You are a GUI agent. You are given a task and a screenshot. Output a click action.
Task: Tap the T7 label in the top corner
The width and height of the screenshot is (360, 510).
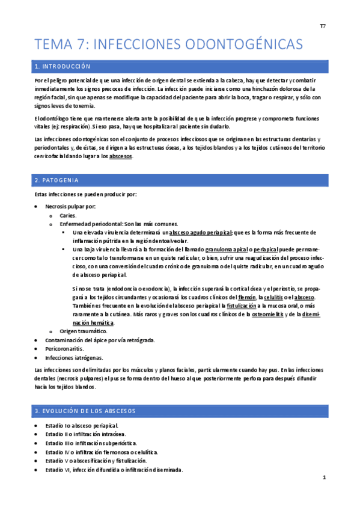click(x=322, y=27)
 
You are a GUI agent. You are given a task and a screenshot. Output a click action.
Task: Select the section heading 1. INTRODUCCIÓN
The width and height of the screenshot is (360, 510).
click(x=63, y=66)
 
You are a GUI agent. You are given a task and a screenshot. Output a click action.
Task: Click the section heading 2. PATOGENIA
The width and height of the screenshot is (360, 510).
click(x=57, y=180)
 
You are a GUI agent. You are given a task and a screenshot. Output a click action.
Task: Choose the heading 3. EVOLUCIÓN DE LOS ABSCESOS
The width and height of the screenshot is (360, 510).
click(x=85, y=411)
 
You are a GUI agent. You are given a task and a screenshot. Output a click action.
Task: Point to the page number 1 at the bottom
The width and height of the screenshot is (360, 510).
click(x=323, y=478)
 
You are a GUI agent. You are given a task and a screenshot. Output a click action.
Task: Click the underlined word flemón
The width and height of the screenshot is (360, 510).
click(x=246, y=298)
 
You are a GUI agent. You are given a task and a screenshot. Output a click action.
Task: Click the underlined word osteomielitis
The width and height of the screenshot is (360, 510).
click(x=269, y=314)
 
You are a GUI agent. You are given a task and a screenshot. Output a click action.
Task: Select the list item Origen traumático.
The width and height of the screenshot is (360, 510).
click(x=84, y=331)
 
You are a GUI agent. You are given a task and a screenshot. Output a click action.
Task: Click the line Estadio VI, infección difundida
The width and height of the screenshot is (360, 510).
click(x=114, y=470)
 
